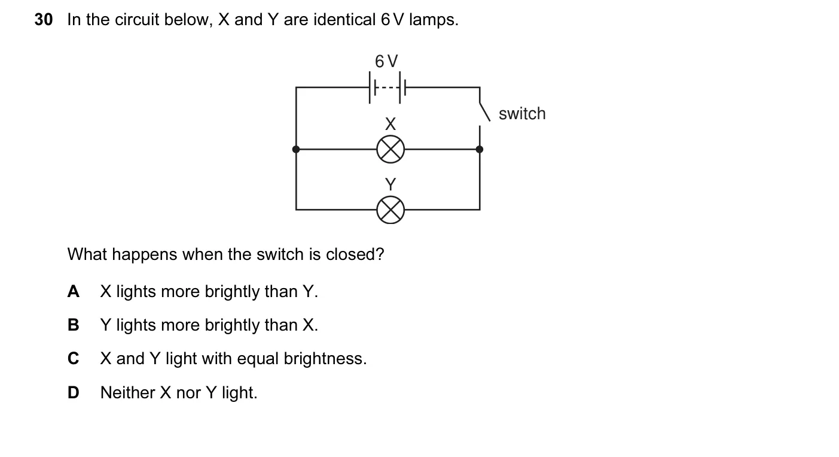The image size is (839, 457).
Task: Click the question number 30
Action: (x=44, y=20)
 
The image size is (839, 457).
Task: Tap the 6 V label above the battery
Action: (x=386, y=61)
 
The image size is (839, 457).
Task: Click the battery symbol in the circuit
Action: (x=388, y=87)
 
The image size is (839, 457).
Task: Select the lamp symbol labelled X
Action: (x=390, y=149)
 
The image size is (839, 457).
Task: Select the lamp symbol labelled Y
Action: (x=390, y=210)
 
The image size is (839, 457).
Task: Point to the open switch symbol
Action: (x=484, y=112)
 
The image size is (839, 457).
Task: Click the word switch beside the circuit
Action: (x=522, y=114)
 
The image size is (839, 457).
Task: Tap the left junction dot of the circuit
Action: (x=296, y=149)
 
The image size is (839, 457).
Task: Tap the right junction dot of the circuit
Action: (x=480, y=149)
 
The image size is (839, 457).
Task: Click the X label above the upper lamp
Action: (x=390, y=124)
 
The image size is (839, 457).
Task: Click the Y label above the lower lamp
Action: (x=390, y=184)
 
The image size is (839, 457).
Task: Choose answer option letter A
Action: (x=74, y=292)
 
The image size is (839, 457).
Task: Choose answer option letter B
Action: (x=74, y=325)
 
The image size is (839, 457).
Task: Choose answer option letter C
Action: (x=74, y=358)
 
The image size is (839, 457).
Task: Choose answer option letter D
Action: (x=74, y=392)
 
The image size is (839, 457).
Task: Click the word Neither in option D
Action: (x=128, y=392)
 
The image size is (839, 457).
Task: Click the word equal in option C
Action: (x=258, y=359)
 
